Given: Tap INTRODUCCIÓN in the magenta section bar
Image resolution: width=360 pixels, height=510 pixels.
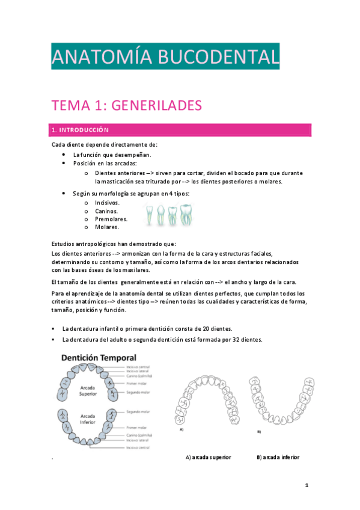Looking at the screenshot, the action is click(84, 129).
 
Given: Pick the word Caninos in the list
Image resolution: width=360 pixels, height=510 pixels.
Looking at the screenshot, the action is click(106, 211).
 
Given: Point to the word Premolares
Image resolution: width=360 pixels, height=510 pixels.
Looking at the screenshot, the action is click(111, 219).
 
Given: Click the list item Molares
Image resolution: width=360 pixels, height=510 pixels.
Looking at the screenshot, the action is click(107, 227).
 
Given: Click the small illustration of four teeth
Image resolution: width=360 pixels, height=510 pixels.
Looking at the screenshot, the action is click(170, 215).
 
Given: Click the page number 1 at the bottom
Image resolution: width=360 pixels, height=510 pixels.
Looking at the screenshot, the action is click(306, 485).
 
